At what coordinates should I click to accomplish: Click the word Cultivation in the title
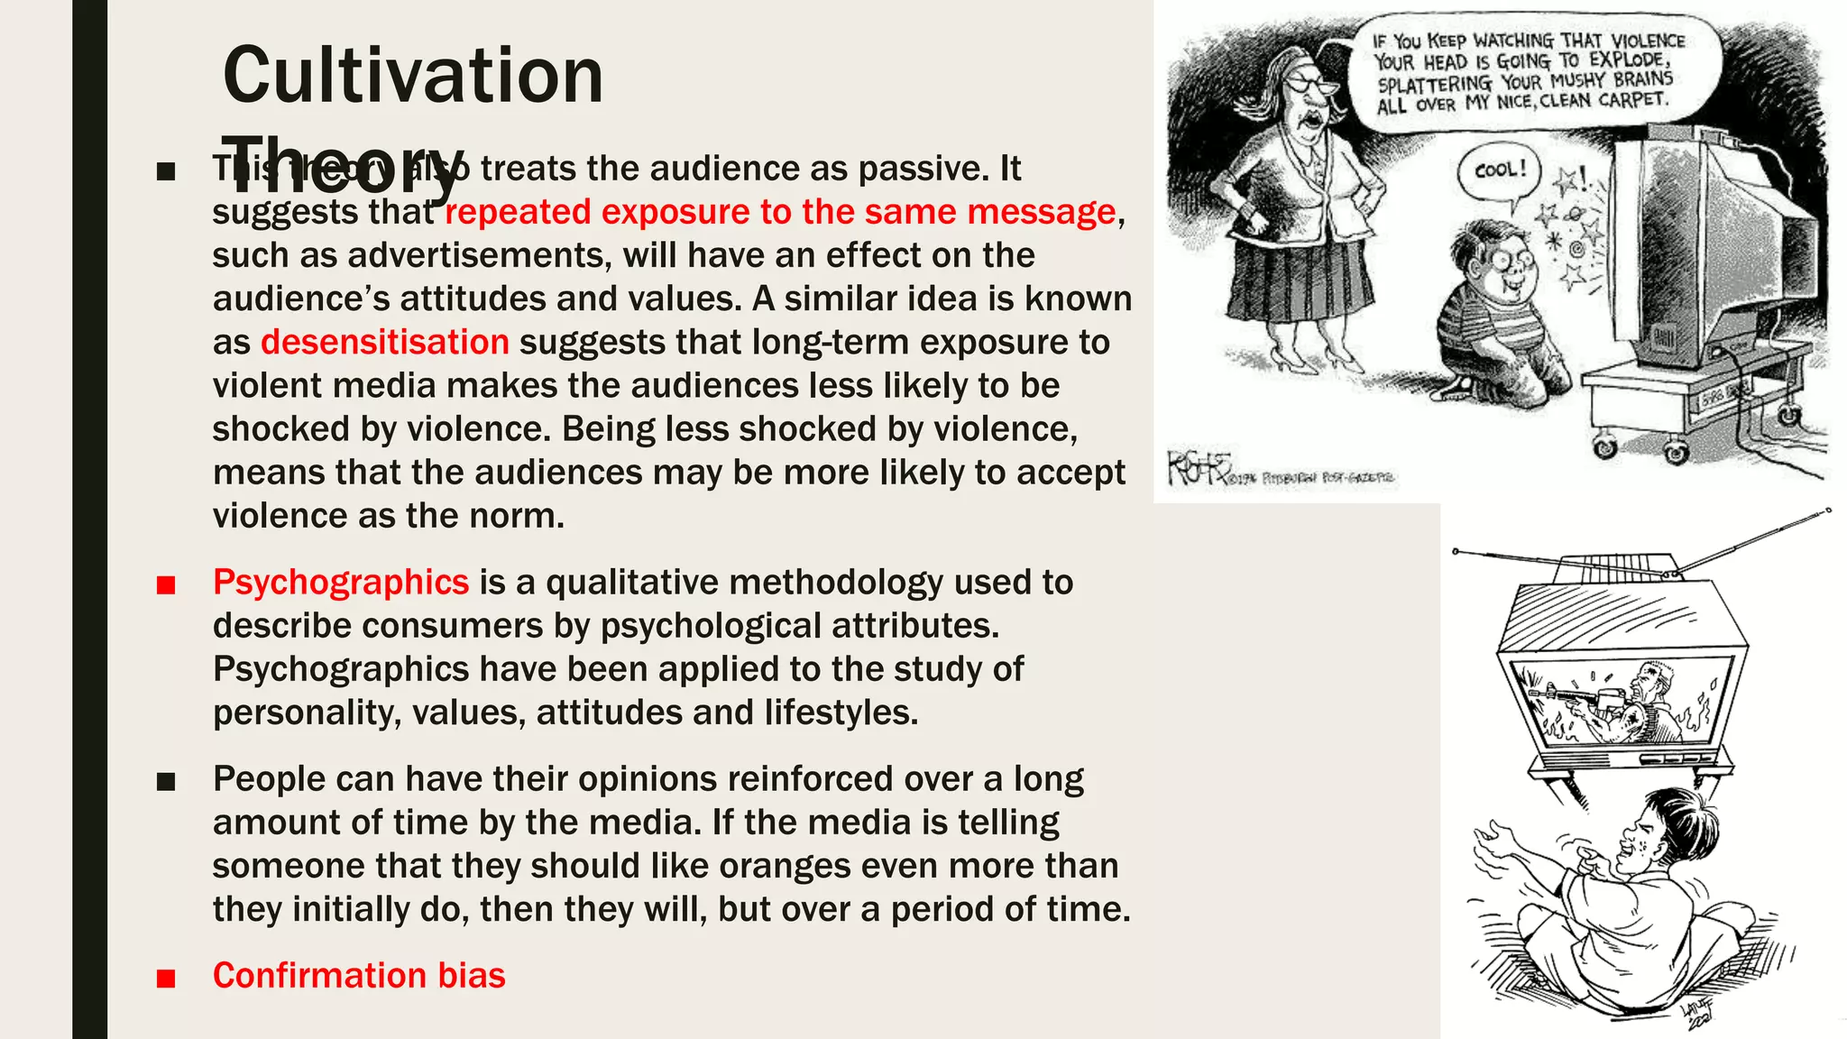tap(412, 76)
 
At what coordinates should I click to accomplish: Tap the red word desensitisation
tap(385, 343)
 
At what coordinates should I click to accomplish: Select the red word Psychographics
tap(341, 583)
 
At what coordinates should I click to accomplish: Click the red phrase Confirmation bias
tap(359, 976)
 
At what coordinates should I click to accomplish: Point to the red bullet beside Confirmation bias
tap(166, 979)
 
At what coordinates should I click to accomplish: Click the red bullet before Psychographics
tap(166, 585)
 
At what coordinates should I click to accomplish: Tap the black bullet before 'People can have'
tap(166, 782)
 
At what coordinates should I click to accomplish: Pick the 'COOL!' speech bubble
tap(1500, 170)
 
